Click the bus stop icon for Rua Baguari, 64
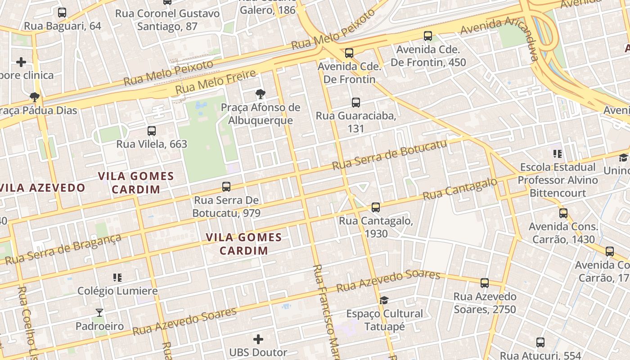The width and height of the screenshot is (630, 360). [62, 13]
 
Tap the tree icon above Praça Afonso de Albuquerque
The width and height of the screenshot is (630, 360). [260, 94]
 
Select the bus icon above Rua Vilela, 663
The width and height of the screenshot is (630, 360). [152, 131]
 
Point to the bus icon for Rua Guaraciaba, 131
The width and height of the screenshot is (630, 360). [356, 103]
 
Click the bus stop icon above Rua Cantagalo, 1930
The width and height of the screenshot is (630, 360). [376, 207]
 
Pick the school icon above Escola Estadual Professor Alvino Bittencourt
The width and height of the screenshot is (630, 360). [558, 154]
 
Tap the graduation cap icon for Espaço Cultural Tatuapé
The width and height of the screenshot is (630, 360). [384, 300]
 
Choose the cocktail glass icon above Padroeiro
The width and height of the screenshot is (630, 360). [99, 312]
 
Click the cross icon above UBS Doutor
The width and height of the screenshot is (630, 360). [258, 339]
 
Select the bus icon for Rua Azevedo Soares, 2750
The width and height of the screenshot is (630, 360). [485, 283]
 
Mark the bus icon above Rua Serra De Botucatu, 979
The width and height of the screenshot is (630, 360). [226, 186]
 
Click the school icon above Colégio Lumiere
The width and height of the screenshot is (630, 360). [117, 277]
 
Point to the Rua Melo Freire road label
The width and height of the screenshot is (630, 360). [216, 81]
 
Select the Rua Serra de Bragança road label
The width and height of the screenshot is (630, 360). [63, 249]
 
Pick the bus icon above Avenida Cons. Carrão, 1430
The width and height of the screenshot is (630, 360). [563, 213]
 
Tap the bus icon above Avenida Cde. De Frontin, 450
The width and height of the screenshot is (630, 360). [428, 36]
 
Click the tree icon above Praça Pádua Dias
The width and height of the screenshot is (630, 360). [34, 97]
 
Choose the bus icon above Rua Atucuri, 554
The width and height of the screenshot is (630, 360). [540, 342]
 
